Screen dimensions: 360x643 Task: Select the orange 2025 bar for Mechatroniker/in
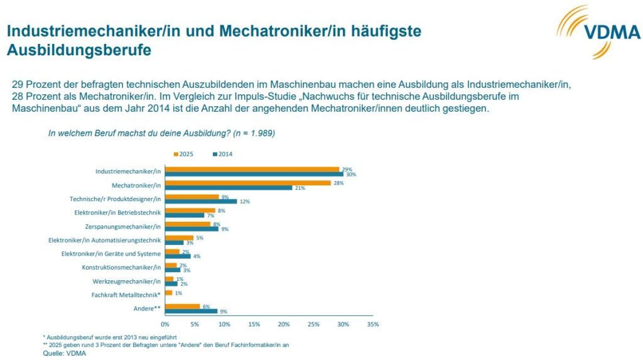(x=247, y=183)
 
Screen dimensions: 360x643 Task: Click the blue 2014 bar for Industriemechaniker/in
(x=254, y=174)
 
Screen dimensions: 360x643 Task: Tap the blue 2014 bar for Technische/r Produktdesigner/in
(x=200, y=201)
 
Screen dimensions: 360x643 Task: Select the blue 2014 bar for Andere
(x=191, y=311)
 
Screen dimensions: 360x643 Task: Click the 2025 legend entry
(x=183, y=154)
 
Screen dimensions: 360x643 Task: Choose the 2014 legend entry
(x=223, y=154)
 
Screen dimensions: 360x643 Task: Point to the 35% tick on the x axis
(x=372, y=324)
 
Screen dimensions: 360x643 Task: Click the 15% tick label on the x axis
(x=254, y=324)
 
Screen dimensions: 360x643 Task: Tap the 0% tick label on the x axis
(x=165, y=324)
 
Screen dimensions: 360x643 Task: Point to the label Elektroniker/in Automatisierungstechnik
(x=105, y=240)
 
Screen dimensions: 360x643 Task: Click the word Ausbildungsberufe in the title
(x=79, y=50)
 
